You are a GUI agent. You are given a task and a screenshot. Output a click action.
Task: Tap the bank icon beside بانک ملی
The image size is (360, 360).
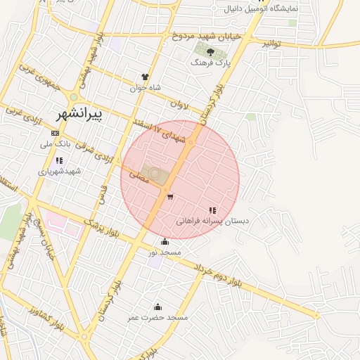[x=55, y=133]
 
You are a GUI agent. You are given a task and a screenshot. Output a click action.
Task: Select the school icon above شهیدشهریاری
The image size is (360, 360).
[x=59, y=160]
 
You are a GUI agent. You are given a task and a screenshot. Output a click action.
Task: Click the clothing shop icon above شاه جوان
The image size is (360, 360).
[x=146, y=77]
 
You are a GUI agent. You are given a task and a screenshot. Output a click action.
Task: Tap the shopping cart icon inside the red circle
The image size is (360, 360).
[x=170, y=196]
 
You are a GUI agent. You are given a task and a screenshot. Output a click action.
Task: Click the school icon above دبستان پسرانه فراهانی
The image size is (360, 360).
[x=212, y=210]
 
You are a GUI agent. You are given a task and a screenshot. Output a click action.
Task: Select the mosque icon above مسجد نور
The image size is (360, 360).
[x=165, y=242]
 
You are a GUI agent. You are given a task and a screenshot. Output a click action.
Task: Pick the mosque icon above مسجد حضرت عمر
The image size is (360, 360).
[x=157, y=307]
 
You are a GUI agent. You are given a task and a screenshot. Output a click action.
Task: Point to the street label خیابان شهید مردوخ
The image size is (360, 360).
[x=210, y=35]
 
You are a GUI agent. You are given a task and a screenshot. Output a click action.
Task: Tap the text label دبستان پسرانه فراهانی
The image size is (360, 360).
[x=212, y=221]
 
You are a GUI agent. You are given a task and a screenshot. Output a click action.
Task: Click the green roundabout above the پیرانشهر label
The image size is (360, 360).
[x=74, y=97]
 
